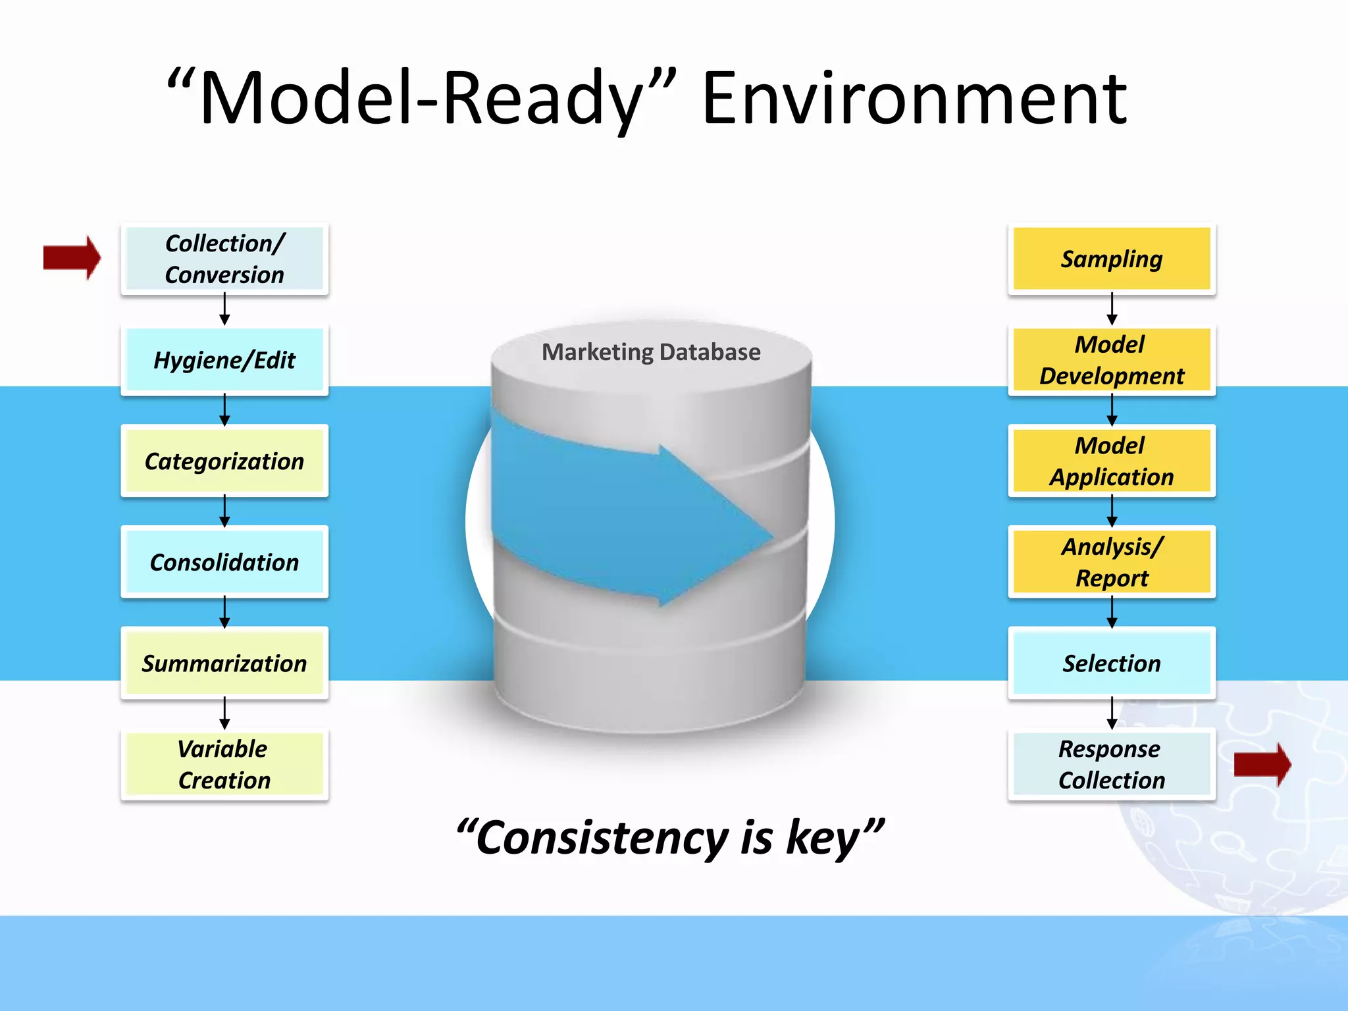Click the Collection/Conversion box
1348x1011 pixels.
click(224, 259)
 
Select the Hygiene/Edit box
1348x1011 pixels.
click(224, 360)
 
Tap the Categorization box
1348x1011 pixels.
click(224, 461)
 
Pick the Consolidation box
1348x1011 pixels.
click(224, 562)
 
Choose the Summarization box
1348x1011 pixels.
click(224, 663)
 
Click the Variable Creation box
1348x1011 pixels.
click(224, 764)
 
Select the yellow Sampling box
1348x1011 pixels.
click(1112, 259)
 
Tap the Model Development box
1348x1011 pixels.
click(1112, 360)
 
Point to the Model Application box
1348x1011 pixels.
click(1112, 461)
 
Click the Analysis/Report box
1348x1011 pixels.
click(1112, 562)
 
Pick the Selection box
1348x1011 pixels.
click(1112, 663)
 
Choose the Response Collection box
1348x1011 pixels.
click(1112, 764)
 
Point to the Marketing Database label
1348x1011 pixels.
click(651, 352)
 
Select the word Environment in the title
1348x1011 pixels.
click(915, 99)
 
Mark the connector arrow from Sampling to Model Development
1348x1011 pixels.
click(1112, 309)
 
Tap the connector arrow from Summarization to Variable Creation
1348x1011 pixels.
click(224, 713)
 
